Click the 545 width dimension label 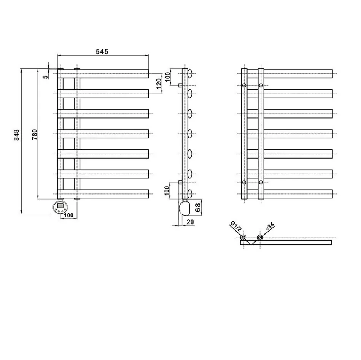[102, 52]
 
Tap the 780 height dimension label [35, 135]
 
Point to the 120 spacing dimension [159, 84]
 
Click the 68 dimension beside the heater [198, 208]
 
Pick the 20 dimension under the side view [190, 222]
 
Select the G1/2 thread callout [236, 226]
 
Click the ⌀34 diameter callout [270, 226]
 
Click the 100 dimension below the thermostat [68, 215]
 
